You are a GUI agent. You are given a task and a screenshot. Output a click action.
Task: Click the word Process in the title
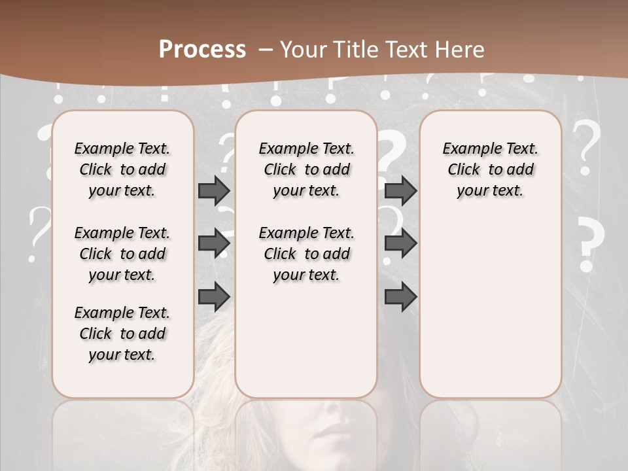pos(202,50)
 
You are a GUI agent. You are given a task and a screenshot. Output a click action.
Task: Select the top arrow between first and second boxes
pos(214,190)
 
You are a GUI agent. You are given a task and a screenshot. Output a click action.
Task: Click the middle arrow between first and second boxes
pos(214,243)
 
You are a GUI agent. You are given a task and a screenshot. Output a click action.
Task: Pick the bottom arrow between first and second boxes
pos(214,296)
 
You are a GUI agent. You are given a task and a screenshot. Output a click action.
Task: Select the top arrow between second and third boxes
pos(400,190)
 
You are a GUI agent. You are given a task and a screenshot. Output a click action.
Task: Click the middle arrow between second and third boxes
pos(400,243)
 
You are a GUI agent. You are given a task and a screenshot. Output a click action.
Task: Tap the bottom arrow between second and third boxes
pos(400,296)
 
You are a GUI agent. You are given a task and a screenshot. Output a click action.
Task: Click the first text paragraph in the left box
pos(122,169)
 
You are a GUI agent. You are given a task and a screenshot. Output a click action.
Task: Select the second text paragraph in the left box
pos(122,254)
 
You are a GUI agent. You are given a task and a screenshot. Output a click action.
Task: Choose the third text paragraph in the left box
pos(122,334)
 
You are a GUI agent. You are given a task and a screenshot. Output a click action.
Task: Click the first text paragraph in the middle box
pos(306,169)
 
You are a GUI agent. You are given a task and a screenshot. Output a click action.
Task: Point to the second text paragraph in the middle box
pos(306,254)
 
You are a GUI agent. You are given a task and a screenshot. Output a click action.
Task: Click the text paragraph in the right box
pos(490,169)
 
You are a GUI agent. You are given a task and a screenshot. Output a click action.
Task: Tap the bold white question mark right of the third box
pos(589,244)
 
